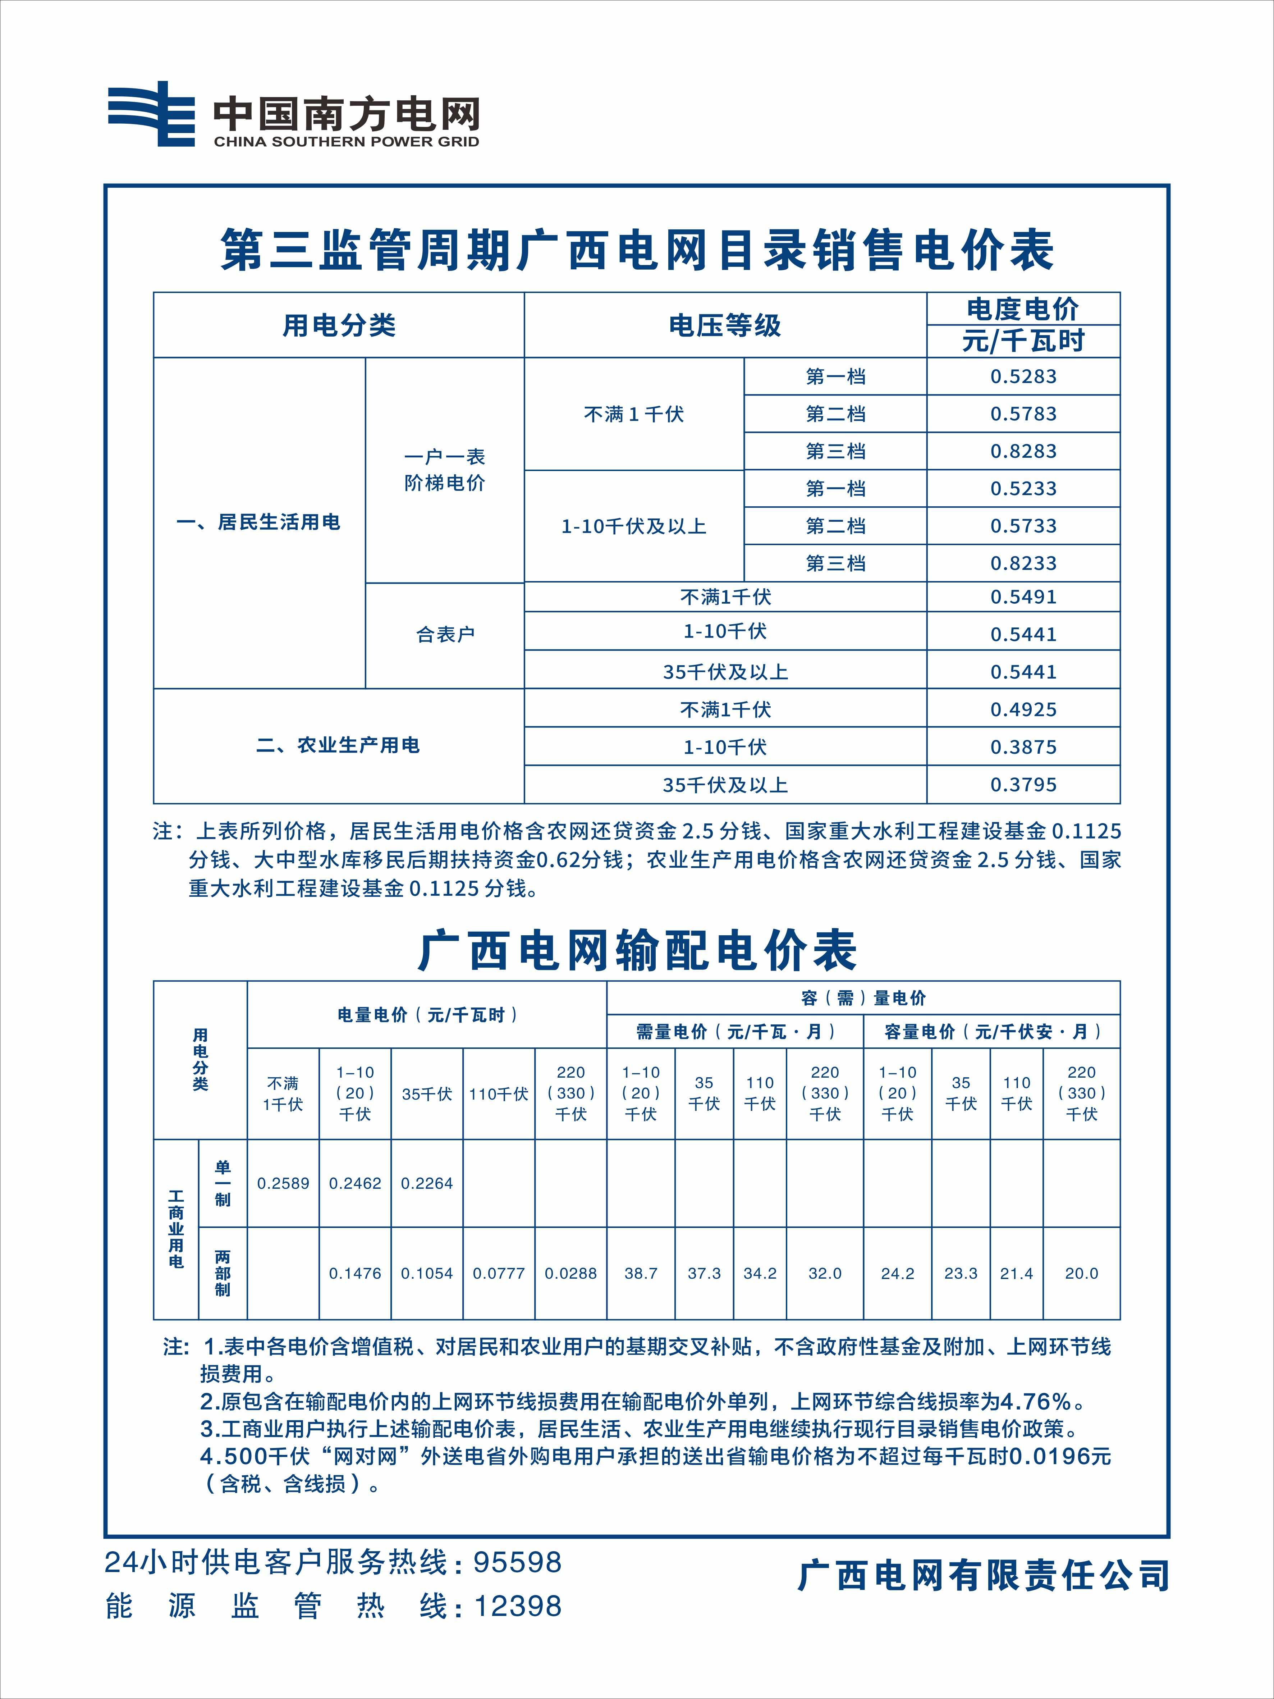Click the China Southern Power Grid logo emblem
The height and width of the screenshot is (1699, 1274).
coord(151,114)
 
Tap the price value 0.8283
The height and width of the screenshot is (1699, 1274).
coord(1023,451)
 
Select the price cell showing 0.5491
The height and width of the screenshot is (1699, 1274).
coord(1023,597)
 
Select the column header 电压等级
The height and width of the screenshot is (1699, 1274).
coord(725,325)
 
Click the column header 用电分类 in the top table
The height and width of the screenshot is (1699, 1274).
coord(339,325)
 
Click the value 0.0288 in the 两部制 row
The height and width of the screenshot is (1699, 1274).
coord(570,1274)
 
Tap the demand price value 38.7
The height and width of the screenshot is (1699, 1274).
coord(641,1274)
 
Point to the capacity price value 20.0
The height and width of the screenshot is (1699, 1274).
coord(1081,1274)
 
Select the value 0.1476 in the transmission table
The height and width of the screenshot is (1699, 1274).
coord(355,1274)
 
